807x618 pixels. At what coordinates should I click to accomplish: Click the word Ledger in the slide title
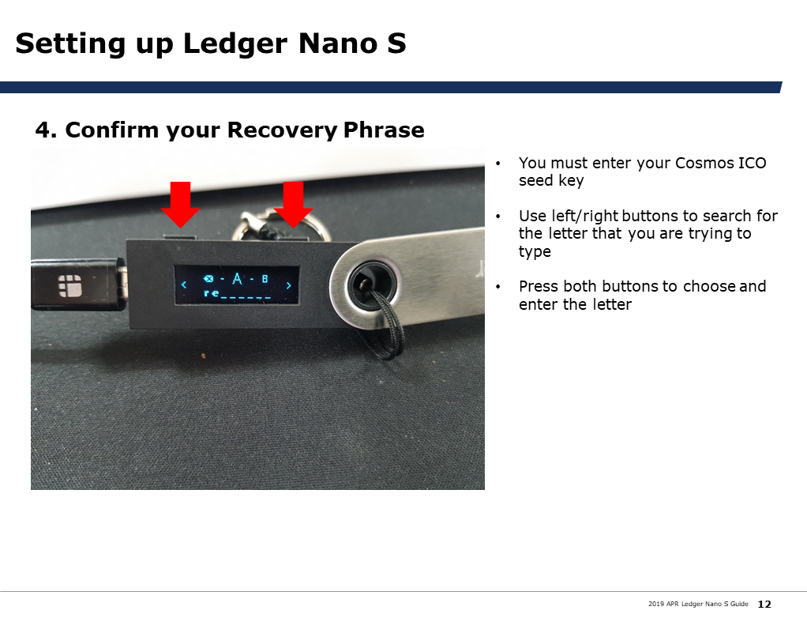pyautogui.click(x=235, y=43)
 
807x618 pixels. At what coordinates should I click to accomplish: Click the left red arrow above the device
pyautogui.click(x=180, y=205)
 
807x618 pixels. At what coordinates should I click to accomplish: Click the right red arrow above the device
pyautogui.click(x=293, y=205)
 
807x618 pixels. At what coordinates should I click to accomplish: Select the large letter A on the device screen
pyautogui.click(x=237, y=279)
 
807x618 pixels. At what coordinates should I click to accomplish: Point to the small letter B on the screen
pyautogui.click(x=265, y=279)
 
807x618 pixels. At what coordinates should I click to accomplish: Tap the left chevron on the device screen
pyautogui.click(x=184, y=285)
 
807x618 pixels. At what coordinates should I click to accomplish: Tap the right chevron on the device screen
pyautogui.click(x=289, y=285)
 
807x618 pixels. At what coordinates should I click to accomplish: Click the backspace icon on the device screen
pyautogui.click(x=208, y=279)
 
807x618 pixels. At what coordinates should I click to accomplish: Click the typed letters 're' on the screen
pyautogui.click(x=211, y=293)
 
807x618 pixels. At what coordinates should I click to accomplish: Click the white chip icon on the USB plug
pyautogui.click(x=70, y=286)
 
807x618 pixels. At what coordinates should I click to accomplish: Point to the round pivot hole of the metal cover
pyautogui.click(x=372, y=285)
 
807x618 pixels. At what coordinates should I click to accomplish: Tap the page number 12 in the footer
pyautogui.click(x=764, y=604)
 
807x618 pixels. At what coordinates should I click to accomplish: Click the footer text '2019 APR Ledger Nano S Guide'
pyautogui.click(x=698, y=604)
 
